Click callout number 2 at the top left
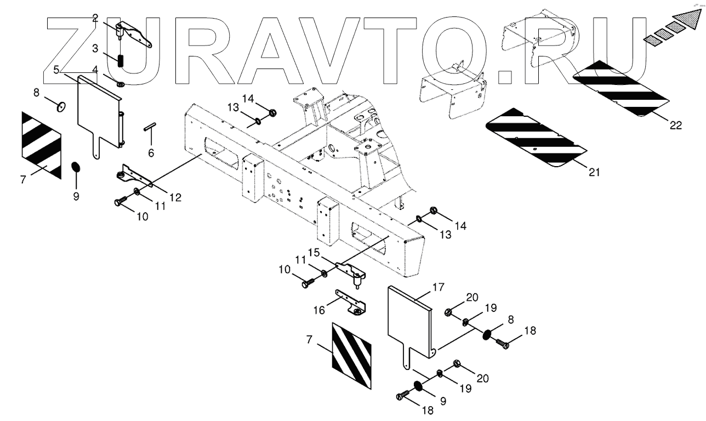[95, 18]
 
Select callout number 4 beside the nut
[95, 70]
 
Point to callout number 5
[56, 70]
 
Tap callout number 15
[313, 252]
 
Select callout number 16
[319, 310]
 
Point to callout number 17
[438, 286]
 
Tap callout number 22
[675, 125]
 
